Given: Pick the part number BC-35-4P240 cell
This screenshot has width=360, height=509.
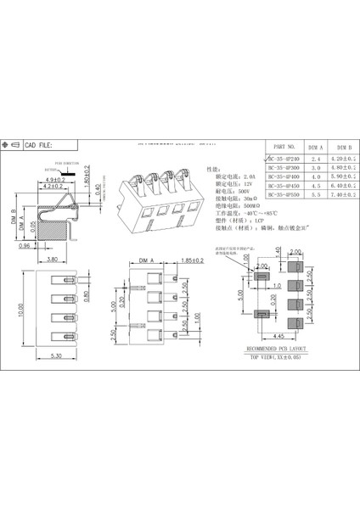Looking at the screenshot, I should (x=284, y=158).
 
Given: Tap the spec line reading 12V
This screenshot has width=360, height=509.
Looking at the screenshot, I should (x=233, y=183).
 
